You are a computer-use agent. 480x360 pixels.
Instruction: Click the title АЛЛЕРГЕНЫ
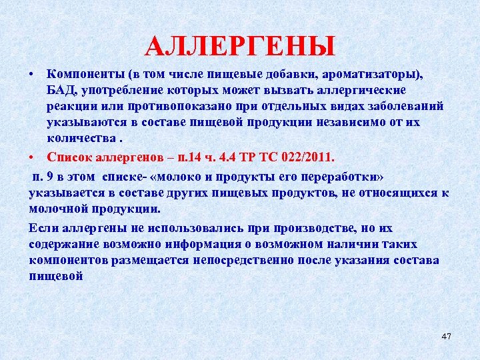click(240, 46)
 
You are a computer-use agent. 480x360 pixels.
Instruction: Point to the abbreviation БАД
click(60, 89)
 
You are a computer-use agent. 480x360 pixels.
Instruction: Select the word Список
click(68, 157)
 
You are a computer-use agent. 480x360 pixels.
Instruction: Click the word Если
click(42, 227)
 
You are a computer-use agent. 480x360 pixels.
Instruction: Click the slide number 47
click(446, 337)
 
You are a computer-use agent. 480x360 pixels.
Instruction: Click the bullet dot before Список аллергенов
click(32, 157)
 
